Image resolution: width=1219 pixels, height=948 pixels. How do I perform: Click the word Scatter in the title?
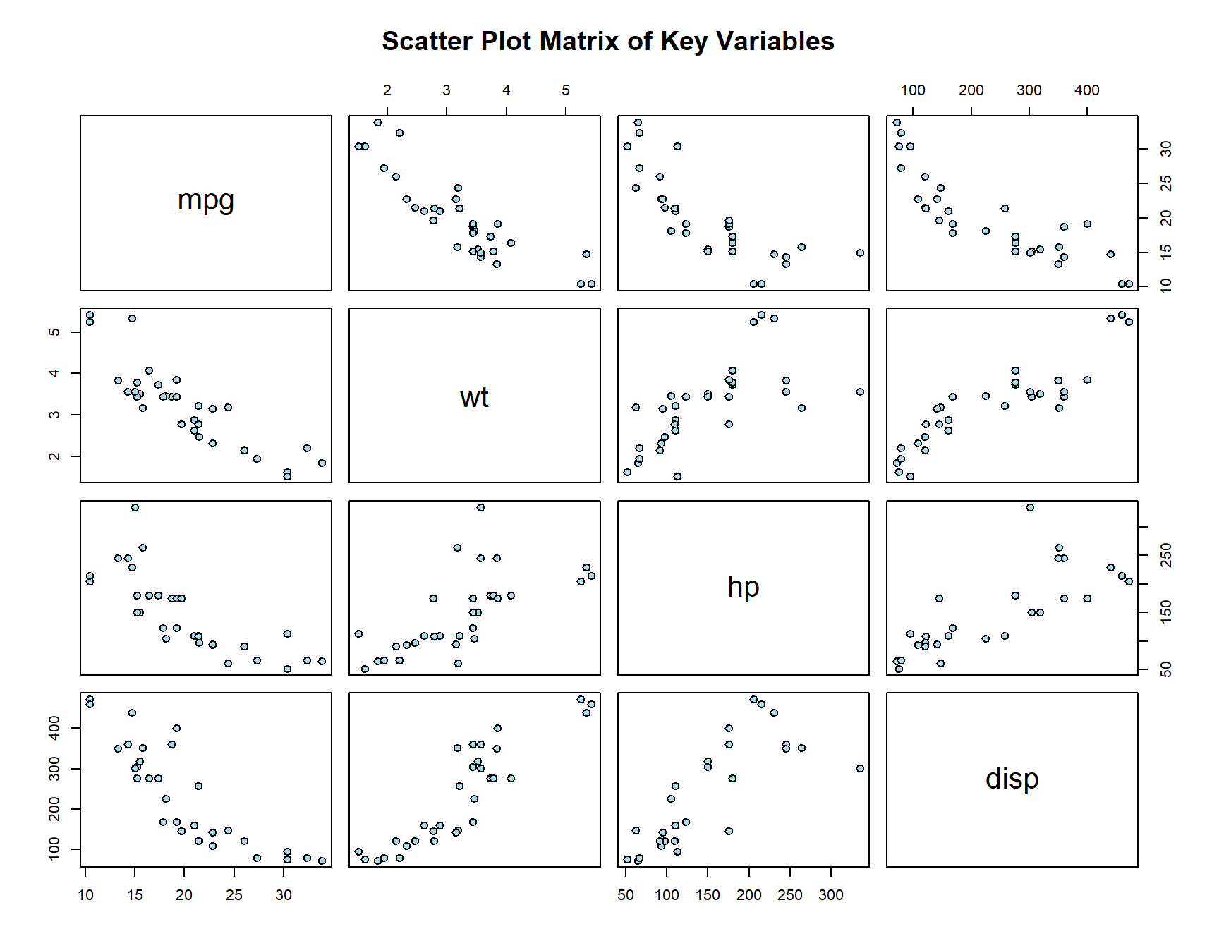[x=427, y=42]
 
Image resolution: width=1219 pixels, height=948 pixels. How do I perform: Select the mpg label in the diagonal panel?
[x=205, y=201]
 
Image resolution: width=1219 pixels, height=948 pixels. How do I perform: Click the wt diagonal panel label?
[x=474, y=397]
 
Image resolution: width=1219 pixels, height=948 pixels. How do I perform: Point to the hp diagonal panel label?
[x=743, y=587]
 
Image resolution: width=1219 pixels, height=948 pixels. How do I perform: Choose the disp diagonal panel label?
[x=1012, y=779]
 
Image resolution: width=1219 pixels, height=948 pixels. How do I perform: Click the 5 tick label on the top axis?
[x=566, y=90]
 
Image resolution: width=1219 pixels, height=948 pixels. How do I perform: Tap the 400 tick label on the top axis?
[x=1086, y=90]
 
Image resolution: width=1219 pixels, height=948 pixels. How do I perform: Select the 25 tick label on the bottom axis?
[x=234, y=895]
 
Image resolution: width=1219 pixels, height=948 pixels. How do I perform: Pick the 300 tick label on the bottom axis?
[x=830, y=895]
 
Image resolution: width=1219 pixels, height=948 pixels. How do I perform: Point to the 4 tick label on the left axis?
[x=54, y=373]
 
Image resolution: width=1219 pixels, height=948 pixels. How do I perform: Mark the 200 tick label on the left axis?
[x=54, y=809]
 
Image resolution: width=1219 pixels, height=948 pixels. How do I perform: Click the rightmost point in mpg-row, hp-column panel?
[x=860, y=253]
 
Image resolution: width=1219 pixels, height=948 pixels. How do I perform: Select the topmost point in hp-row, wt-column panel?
[x=480, y=507]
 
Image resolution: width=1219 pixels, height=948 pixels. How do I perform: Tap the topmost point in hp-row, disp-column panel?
[x=1030, y=507]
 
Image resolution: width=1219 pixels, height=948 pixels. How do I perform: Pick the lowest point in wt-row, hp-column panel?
[x=677, y=476]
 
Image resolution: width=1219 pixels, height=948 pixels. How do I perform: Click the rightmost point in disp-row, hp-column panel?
[x=860, y=768]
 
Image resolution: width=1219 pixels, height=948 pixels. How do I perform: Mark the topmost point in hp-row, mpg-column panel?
[x=135, y=507]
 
